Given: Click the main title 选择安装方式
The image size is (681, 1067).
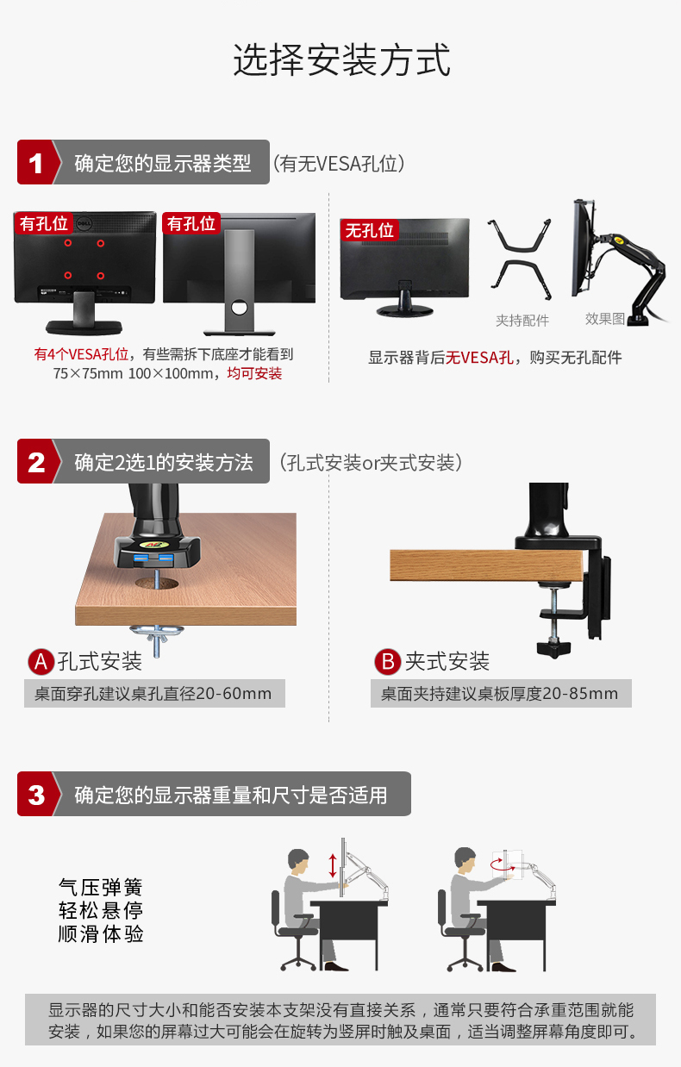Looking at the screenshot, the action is tap(341, 59).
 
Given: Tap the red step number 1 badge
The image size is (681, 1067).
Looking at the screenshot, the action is tap(36, 162).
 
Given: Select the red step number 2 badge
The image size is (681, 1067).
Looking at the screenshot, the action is tap(36, 461).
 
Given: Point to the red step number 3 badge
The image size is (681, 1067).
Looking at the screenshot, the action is tap(36, 794).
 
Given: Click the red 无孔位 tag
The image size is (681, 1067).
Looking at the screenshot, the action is tap(369, 230).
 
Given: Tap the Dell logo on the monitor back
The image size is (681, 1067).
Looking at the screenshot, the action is tap(84, 223).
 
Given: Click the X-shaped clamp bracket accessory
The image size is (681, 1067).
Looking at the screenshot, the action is tap(520, 259).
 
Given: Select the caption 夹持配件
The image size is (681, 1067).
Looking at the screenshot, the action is tap(522, 321).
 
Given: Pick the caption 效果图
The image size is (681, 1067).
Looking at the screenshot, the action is tap(605, 319).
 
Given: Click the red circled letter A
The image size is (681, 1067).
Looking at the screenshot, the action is tap(41, 662).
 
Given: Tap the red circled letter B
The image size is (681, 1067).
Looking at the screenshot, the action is tap(387, 662).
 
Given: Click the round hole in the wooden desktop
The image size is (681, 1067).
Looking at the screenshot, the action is tap(156, 583).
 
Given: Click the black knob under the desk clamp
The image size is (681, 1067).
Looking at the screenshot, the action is tap(553, 649).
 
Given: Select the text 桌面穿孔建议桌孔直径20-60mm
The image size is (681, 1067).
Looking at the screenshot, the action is tap(153, 694).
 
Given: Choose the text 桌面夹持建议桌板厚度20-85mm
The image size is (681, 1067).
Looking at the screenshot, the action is tap(499, 694).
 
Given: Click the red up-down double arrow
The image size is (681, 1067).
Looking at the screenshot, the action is tap(333, 865).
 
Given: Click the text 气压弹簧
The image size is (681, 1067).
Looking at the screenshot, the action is tap(101, 888).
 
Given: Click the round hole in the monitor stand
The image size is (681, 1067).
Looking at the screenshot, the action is tap(240, 308).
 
